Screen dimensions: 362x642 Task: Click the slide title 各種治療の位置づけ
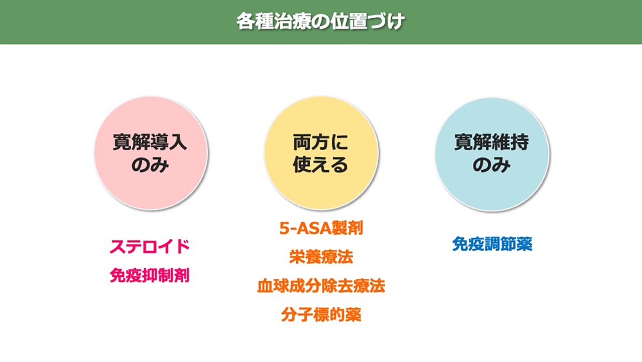[320, 22]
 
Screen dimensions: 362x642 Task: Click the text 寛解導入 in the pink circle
[150, 143]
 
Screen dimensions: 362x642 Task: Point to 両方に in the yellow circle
[320, 143]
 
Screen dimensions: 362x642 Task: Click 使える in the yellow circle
[320, 165]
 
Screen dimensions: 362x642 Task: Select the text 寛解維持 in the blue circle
[491, 143]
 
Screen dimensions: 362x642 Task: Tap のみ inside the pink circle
[150, 165]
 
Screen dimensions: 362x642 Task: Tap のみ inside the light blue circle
[491, 165]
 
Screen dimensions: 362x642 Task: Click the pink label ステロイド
[150, 247]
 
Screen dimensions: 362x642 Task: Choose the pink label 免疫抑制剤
[150, 275]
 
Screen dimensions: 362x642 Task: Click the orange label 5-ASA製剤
[321, 229]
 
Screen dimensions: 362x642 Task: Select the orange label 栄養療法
[321, 257]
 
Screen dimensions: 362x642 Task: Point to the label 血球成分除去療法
[321, 285]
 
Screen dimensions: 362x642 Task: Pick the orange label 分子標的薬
[321, 314]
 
